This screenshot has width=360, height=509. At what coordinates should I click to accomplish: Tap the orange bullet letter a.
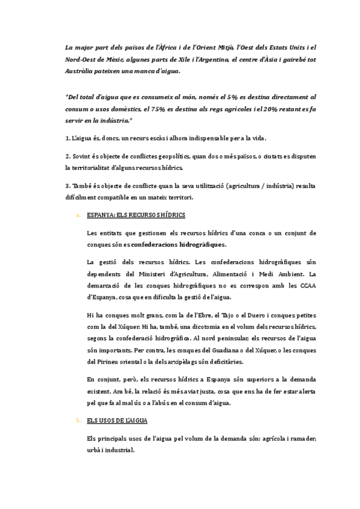point(77,214)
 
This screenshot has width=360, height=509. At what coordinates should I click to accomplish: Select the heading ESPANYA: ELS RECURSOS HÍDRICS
point(136,214)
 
